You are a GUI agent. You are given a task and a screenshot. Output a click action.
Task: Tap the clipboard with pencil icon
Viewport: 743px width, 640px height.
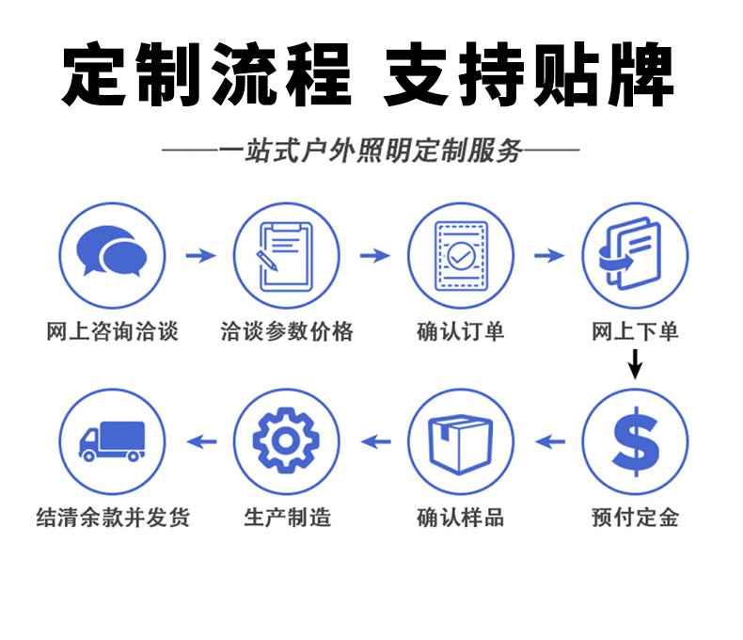click(286, 255)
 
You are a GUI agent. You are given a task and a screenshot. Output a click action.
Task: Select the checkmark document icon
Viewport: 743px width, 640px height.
click(461, 255)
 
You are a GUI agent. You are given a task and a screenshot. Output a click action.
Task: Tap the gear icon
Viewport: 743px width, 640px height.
click(286, 440)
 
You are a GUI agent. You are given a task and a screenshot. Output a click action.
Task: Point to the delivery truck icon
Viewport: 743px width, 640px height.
click(112, 440)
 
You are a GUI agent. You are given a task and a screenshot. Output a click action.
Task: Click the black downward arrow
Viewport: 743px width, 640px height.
click(635, 363)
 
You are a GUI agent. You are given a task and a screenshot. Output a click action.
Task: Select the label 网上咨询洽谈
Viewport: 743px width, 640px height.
click(112, 331)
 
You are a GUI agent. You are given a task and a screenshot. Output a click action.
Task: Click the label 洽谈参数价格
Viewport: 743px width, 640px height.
click(286, 331)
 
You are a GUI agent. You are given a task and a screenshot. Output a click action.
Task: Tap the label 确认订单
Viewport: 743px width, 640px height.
click(461, 331)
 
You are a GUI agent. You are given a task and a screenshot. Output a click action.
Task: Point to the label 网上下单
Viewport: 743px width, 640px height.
click(635, 331)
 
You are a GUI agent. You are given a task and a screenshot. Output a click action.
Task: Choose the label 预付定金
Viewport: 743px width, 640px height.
click(635, 517)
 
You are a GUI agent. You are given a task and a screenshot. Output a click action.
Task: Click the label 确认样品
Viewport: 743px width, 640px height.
click(461, 517)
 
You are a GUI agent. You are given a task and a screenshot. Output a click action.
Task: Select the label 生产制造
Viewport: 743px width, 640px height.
click(286, 517)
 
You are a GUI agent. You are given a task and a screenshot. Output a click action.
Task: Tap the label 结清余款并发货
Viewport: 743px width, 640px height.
click(112, 517)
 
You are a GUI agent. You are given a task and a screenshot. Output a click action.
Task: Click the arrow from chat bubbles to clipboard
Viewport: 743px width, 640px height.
click(199, 255)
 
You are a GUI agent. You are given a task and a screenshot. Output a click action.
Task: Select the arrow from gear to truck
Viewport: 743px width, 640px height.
click(199, 440)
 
